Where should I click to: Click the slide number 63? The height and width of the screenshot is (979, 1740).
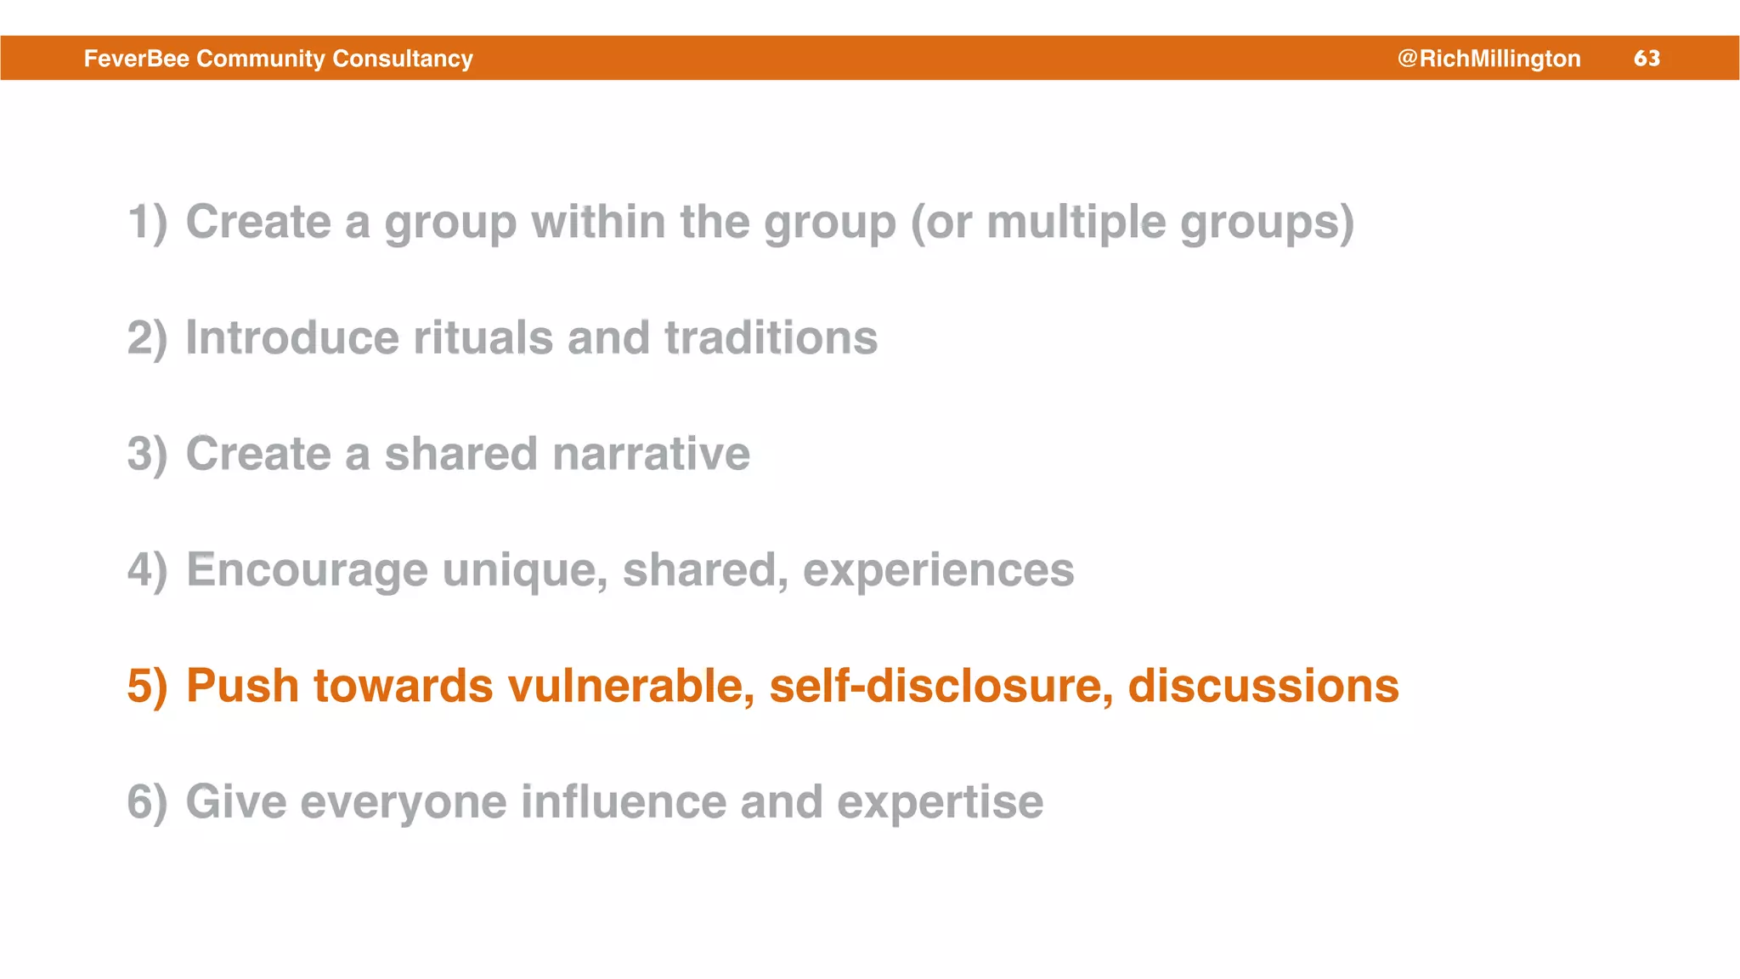pos(1647,58)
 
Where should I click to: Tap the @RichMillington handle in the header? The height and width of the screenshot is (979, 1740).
pos(1489,58)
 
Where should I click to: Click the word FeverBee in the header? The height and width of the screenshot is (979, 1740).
pos(136,58)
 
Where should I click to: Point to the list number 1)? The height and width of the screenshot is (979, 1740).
pos(147,223)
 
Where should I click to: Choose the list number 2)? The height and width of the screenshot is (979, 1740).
pos(147,338)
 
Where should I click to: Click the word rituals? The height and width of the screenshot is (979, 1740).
pos(483,338)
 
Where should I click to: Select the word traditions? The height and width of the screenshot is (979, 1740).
pos(771,338)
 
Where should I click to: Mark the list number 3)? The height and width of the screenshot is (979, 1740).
pos(147,454)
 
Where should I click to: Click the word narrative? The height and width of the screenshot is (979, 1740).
pos(651,454)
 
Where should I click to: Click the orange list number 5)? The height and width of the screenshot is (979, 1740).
pos(147,686)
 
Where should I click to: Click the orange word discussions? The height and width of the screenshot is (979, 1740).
pos(1263,686)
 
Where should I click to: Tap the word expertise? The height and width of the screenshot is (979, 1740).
pos(940,802)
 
